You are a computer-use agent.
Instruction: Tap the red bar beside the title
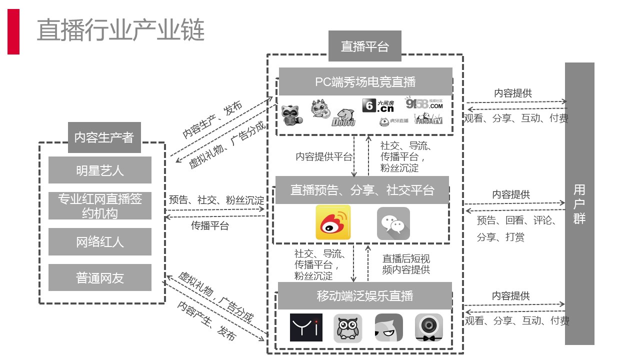[13, 31]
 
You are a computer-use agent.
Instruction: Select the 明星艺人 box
[100, 170]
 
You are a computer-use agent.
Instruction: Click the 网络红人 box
[100, 242]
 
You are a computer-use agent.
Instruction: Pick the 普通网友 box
[100, 277]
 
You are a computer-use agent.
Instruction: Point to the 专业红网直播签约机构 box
[100, 206]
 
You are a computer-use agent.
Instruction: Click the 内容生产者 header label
[104, 137]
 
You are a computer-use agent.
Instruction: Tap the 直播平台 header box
[364, 46]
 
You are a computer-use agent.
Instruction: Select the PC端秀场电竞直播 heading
[365, 81]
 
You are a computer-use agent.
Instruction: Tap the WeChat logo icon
[393, 223]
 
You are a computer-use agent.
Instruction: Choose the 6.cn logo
[377, 105]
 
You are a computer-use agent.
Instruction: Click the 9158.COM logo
[424, 103]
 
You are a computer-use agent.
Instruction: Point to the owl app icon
[347, 328]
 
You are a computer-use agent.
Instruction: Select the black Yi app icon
[306, 327]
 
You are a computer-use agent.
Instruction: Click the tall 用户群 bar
[579, 203]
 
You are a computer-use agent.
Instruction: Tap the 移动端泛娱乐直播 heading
[365, 295]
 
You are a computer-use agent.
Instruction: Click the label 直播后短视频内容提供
[406, 264]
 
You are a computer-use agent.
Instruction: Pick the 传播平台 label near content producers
[210, 225]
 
